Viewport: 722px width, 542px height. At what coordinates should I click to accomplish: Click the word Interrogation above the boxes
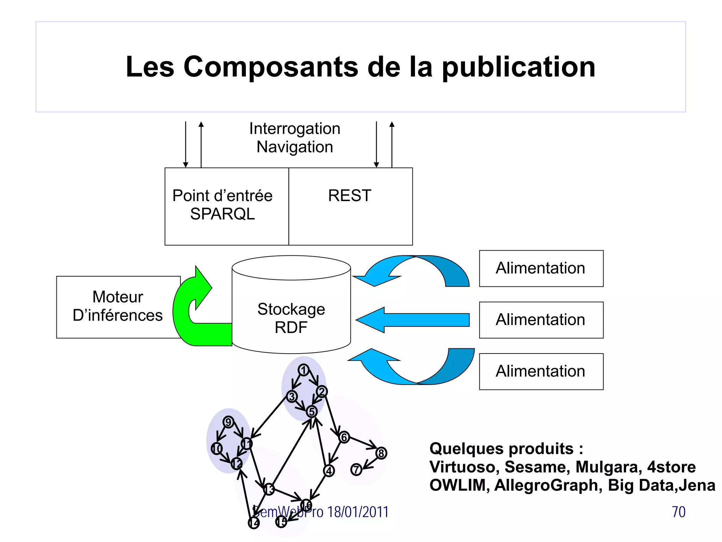tap(295, 129)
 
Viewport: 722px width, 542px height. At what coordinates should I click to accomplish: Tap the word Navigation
tap(295, 147)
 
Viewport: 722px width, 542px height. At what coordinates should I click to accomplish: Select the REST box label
tap(350, 196)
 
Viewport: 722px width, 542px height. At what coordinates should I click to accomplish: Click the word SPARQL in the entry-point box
tap(222, 214)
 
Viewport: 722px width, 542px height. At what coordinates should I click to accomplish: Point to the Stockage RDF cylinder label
tap(291, 318)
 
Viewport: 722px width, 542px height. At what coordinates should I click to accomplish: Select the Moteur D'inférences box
tap(118, 307)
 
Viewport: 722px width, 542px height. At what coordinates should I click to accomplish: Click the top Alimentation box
tap(541, 269)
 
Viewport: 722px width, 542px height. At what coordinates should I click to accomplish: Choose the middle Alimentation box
tap(541, 320)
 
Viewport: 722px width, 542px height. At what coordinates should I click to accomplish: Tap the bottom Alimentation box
tap(541, 372)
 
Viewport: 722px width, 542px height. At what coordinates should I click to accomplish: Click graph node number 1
tap(304, 370)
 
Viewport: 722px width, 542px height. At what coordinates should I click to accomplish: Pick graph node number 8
tap(381, 453)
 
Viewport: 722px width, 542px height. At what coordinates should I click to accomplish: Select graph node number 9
tap(228, 422)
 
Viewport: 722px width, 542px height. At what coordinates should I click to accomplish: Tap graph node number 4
tap(329, 471)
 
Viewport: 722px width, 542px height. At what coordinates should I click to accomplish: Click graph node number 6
tap(344, 438)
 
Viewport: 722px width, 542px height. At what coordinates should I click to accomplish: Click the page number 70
tap(678, 512)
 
